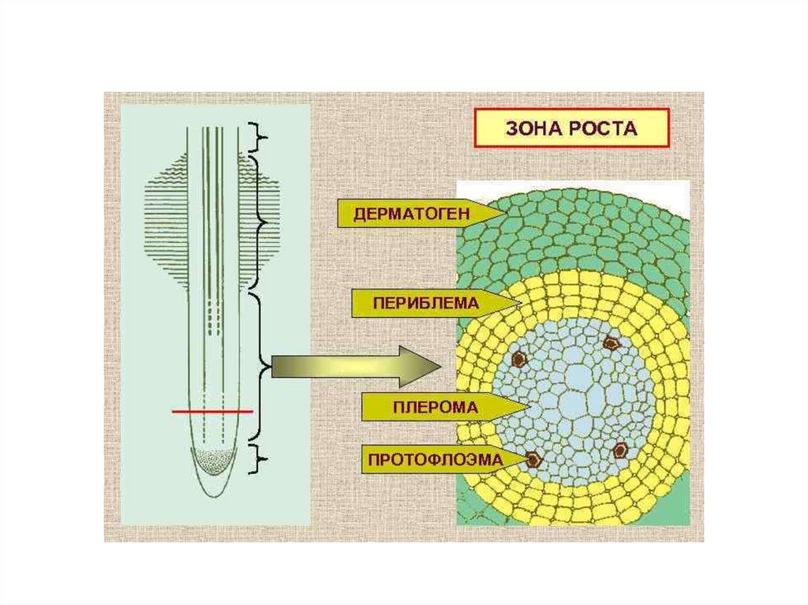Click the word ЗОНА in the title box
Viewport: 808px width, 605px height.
coord(532,129)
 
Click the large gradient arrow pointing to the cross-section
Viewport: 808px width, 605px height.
coord(357,367)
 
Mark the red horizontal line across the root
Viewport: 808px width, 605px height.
coord(212,412)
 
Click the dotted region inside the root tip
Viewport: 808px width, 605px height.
coord(215,460)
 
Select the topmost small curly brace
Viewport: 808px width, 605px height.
coord(258,137)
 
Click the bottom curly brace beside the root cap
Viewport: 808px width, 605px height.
coord(259,458)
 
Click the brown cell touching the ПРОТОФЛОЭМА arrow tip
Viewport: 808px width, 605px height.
coord(534,458)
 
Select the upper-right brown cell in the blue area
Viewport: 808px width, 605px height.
coord(612,342)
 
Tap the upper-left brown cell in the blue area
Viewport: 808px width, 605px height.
coord(518,359)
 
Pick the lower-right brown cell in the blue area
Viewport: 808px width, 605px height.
coord(620,450)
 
